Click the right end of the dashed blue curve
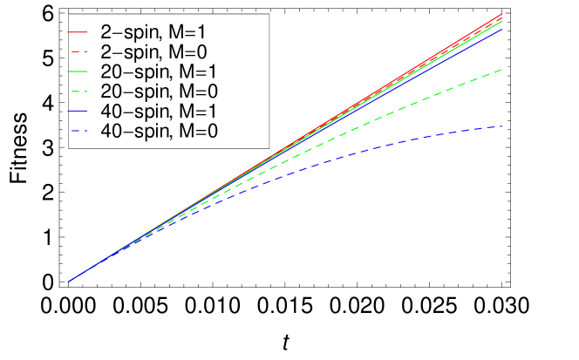coord(502,127)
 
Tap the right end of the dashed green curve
coord(502,70)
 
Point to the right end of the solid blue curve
coord(502,29)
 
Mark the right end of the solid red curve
coord(502,14)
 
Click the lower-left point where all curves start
coord(68,282)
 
